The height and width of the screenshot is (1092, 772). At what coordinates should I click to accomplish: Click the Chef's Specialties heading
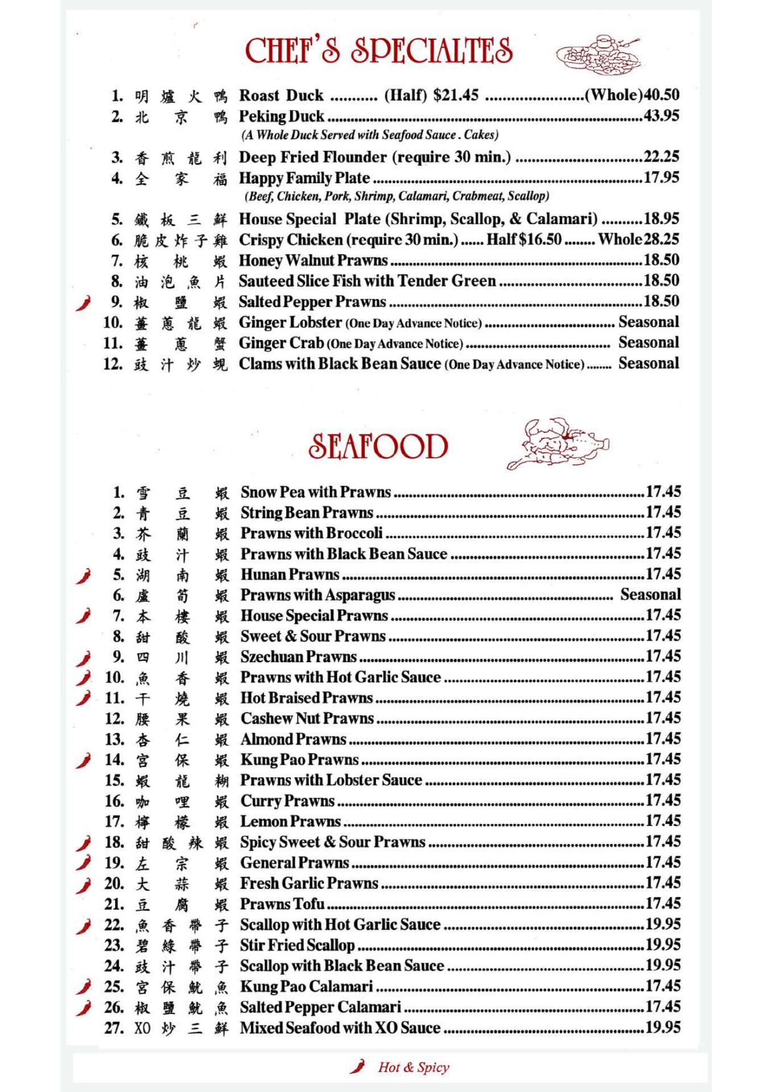378,51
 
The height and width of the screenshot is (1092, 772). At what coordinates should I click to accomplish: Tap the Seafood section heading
378,446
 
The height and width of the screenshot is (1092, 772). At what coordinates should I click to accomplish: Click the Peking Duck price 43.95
661,116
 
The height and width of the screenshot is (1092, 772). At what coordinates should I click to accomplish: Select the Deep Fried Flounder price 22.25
661,157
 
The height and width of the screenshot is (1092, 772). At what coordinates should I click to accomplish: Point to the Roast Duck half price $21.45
456,95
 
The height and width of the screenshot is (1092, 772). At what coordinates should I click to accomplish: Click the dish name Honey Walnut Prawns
313,260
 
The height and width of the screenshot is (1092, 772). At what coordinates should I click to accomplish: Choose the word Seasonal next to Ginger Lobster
649,322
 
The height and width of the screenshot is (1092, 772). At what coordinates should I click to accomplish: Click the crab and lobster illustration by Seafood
558,444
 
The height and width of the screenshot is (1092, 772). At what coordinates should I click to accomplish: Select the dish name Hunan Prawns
290,574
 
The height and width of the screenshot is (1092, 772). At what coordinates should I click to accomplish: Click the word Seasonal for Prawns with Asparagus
650,595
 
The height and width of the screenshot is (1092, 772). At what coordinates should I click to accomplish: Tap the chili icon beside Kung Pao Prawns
84,760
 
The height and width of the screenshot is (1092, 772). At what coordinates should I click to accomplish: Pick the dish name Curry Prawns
287,801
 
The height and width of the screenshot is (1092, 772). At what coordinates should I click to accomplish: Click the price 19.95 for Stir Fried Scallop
663,945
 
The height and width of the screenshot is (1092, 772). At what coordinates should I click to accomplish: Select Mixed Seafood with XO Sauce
340,1028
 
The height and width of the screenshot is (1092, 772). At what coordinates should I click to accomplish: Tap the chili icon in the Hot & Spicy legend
357,1066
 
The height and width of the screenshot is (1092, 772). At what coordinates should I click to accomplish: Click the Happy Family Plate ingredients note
397,196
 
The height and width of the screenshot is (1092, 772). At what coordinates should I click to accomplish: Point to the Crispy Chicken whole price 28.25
661,239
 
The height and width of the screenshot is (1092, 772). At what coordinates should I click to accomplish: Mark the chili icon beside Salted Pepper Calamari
84,1008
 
